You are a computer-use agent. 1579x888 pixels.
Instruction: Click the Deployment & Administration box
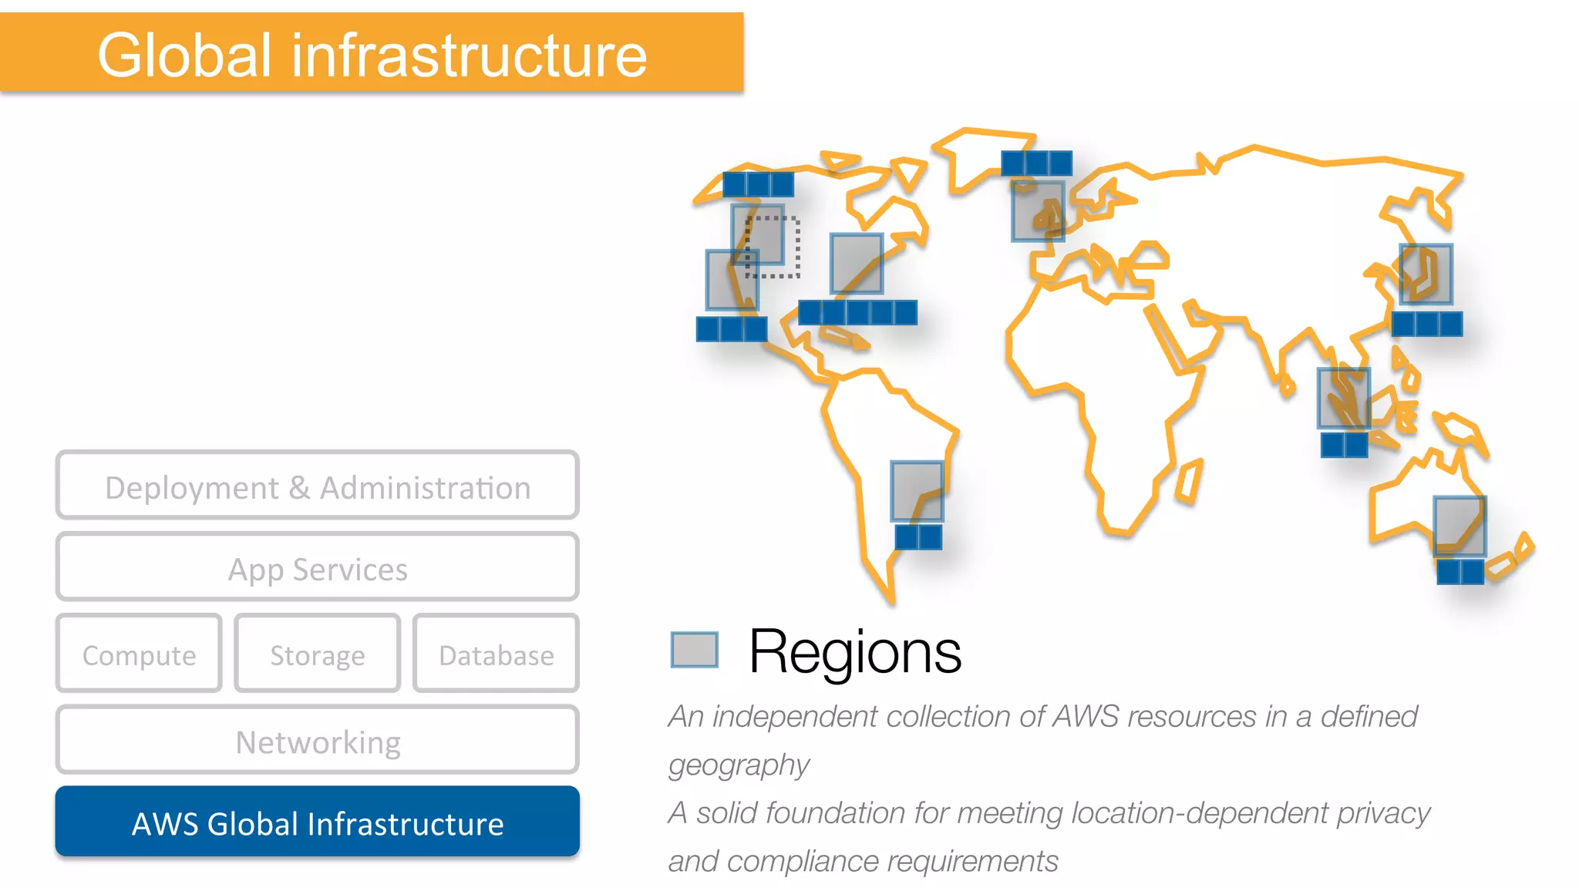pyautogui.click(x=317, y=485)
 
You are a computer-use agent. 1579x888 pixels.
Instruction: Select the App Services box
pyautogui.click(x=317, y=567)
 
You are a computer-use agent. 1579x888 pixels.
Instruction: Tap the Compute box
pyautogui.click(x=139, y=653)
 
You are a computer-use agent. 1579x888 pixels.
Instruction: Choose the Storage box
pyautogui.click(x=317, y=653)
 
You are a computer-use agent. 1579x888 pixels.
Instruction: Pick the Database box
pyautogui.click(x=496, y=653)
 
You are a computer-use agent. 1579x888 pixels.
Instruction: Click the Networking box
pyautogui.click(x=317, y=739)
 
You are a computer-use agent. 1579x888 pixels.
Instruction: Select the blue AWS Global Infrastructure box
pyautogui.click(x=317, y=822)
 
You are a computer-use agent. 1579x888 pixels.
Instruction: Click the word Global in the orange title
pyautogui.click(x=185, y=55)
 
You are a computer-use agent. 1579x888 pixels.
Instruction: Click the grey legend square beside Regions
pyautogui.click(x=694, y=649)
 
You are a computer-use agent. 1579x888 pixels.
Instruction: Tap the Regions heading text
pyautogui.click(x=854, y=652)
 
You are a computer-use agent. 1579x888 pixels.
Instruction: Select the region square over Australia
pyautogui.click(x=1459, y=526)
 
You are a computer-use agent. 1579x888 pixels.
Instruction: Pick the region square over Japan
pyautogui.click(x=1426, y=274)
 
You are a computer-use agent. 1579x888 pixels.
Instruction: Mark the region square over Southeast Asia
pyautogui.click(x=1344, y=398)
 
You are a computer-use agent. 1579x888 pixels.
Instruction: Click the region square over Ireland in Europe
pyautogui.click(x=1038, y=210)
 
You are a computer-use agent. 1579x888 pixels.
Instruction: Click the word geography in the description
pyautogui.click(x=739, y=765)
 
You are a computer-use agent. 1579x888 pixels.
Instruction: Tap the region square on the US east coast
pyautogui.click(x=857, y=264)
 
